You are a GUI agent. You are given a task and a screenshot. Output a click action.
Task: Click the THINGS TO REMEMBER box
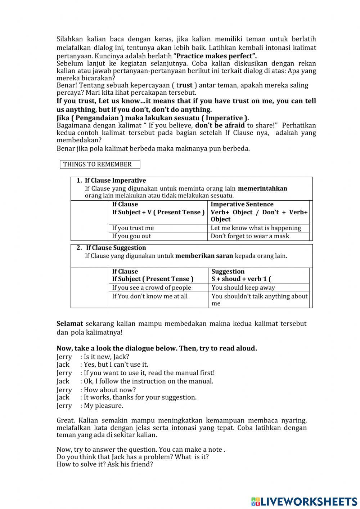point(100,165)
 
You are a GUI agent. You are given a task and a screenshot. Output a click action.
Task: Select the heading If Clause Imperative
point(115,181)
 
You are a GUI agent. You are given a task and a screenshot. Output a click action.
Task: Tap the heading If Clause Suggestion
point(116,248)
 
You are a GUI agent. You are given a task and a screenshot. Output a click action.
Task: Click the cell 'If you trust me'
point(133,228)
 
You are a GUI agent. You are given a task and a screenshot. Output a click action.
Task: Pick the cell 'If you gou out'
point(131,236)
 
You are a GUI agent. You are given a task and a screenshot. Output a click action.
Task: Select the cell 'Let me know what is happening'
point(256,228)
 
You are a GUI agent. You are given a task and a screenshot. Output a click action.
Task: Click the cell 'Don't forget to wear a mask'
point(250,236)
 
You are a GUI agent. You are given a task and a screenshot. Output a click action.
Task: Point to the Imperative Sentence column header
point(242,204)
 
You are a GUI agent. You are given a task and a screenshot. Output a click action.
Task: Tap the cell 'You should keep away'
point(243,288)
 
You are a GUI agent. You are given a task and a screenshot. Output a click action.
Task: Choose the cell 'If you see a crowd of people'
point(152,288)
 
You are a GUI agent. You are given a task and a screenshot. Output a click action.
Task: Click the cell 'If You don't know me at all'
point(150,296)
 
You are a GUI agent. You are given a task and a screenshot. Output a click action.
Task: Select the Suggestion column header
point(228,272)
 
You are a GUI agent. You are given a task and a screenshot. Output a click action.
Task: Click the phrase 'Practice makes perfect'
point(216,56)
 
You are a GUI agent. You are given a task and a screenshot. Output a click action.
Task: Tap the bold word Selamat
point(69,324)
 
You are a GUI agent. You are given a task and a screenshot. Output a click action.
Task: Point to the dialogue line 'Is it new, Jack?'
point(106,357)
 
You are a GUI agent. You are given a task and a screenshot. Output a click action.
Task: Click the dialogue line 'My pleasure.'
point(103,406)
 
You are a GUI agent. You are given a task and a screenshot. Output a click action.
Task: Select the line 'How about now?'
point(110,390)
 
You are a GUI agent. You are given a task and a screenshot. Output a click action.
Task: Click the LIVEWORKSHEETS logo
point(304,501)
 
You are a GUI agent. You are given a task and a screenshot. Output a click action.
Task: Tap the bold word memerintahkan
point(262,189)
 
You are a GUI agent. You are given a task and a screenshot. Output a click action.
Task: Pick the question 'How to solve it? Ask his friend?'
point(105,464)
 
